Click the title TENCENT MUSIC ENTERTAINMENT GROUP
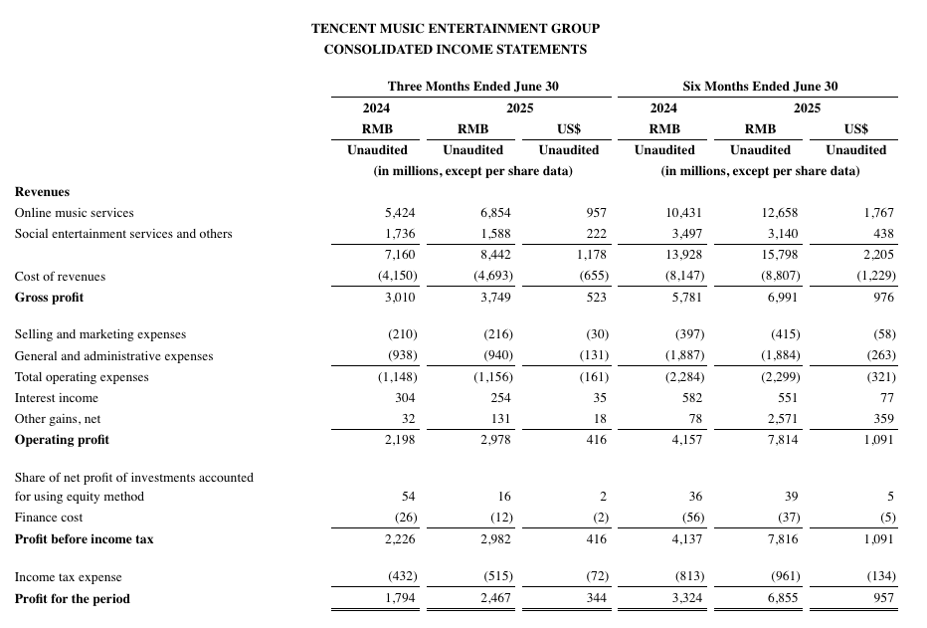click(456, 29)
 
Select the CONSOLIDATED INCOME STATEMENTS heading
click(456, 49)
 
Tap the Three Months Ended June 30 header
click(472, 87)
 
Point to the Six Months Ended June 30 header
click(760, 87)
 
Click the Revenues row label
click(42, 191)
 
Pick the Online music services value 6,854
click(493, 213)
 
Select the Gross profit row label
click(49, 298)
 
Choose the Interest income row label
click(57, 398)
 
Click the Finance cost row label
click(49, 518)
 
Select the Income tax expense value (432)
click(401, 577)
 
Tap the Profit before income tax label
click(84, 539)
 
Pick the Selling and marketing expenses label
click(99, 334)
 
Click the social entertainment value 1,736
click(401, 234)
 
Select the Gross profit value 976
click(883, 298)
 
